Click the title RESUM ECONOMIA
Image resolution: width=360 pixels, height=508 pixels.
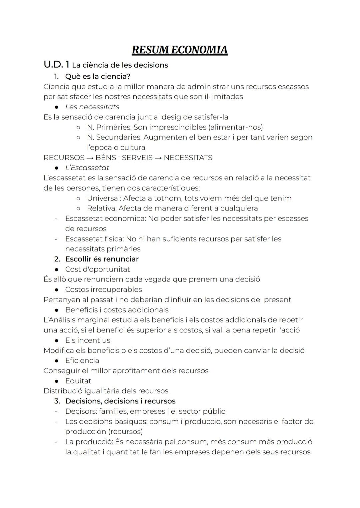pyautogui.click(x=179, y=50)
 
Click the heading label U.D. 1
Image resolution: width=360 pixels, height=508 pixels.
pyautogui.click(x=56, y=65)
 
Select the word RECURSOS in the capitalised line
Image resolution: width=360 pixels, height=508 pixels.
pyautogui.click(x=64, y=158)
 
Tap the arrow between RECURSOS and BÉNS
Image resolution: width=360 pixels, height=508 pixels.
pyautogui.click(x=90, y=158)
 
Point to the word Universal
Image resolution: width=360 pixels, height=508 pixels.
pyautogui.click(x=103, y=198)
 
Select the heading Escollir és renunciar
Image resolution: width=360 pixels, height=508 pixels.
pyautogui.click(x=102, y=259)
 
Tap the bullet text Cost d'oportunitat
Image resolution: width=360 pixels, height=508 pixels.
pyautogui.click(x=97, y=269)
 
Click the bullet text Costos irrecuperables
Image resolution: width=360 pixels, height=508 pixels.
pyautogui.click(x=103, y=289)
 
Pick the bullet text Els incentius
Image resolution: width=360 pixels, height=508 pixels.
pyautogui.click(x=88, y=340)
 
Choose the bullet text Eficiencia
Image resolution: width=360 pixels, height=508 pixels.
pyautogui.click(x=82, y=360)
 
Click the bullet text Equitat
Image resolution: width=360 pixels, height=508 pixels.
pyautogui.click(x=78, y=381)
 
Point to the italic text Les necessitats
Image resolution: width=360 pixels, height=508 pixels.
pyautogui.click(x=92, y=107)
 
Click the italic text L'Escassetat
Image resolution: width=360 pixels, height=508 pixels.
pyautogui.click(x=87, y=168)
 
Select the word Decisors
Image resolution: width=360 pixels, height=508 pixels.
pyautogui.click(x=80, y=411)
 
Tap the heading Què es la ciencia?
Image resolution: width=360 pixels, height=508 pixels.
pyautogui.click(x=98, y=76)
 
